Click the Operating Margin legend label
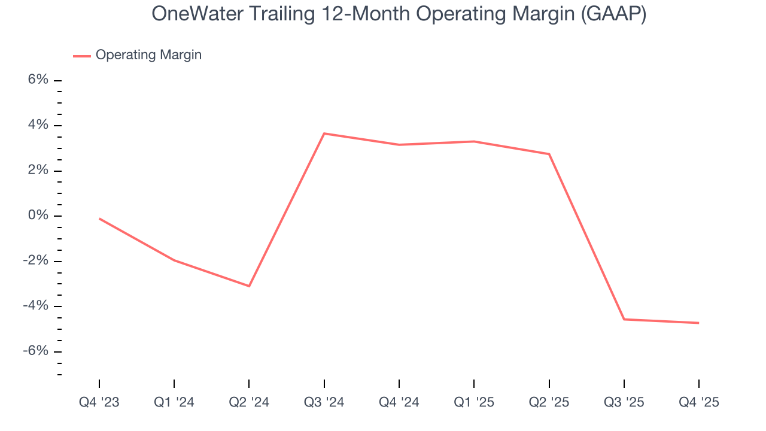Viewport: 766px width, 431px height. point(148,55)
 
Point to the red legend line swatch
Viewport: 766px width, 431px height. point(82,56)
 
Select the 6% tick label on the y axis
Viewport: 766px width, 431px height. point(37,80)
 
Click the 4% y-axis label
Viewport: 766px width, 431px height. point(37,125)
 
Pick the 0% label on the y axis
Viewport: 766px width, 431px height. point(37,215)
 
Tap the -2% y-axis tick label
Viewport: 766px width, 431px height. point(35,261)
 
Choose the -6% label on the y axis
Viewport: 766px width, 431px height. point(35,351)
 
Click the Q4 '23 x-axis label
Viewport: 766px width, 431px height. point(99,402)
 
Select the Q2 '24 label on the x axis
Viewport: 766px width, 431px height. point(249,402)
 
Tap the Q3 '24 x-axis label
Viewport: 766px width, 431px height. point(324,402)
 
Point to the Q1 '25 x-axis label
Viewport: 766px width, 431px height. point(474,402)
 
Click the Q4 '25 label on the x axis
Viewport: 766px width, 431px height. point(698,402)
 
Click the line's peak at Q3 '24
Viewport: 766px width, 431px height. point(324,133)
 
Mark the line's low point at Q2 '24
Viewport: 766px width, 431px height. point(249,286)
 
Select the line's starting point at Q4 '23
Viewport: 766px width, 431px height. point(99,218)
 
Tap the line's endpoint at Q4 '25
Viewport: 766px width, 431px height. point(698,323)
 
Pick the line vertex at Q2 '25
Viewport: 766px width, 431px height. point(549,154)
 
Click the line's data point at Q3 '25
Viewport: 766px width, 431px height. point(624,319)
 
